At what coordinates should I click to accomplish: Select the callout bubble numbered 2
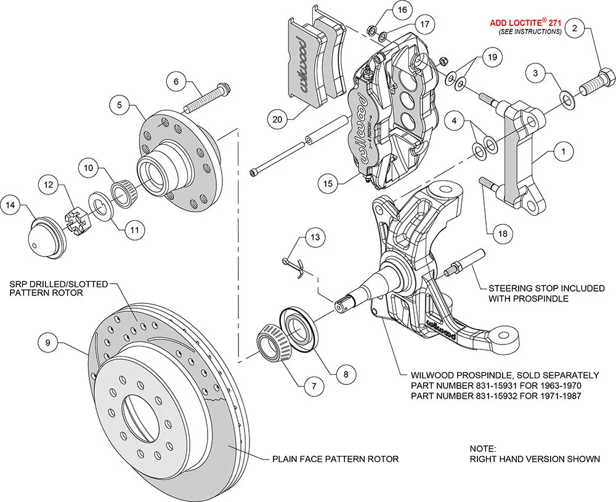tap(574, 28)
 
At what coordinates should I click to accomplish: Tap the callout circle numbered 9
tap(47, 340)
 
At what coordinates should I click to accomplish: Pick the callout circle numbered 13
tap(315, 237)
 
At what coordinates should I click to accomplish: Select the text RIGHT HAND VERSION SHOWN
tap(534, 459)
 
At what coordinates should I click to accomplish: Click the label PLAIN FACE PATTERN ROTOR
tap(335, 459)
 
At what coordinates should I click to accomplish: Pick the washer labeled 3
tap(565, 98)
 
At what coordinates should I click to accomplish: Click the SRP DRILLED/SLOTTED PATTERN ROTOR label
tap(59, 289)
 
